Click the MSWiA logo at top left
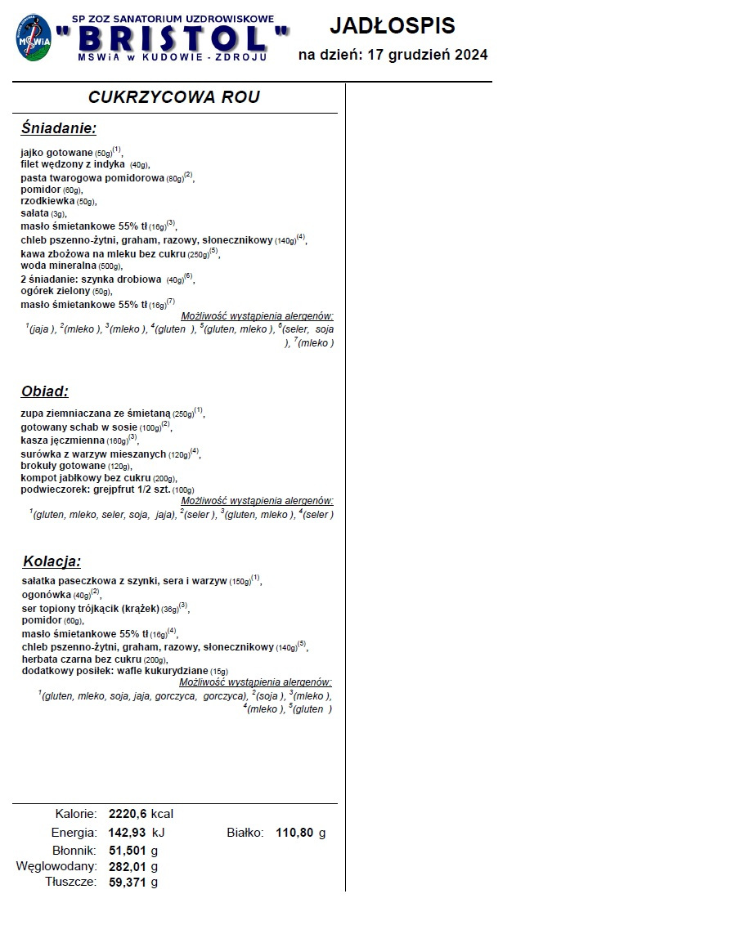[x=34, y=38]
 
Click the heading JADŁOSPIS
[x=393, y=26]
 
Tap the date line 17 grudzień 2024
[x=393, y=56]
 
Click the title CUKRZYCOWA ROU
[x=174, y=97]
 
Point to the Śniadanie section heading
[x=59, y=128]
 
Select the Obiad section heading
[x=45, y=391]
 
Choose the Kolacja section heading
[x=52, y=561]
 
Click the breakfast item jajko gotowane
[x=57, y=153]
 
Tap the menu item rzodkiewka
[x=48, y=201]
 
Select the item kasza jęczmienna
[x=63, y=440]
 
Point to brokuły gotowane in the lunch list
[x=64, y=465]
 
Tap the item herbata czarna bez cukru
[x=82, y=659]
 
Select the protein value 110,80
[x=295, y=833]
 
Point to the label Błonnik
[x=75, y=851]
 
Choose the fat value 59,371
[x=128, y=883]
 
